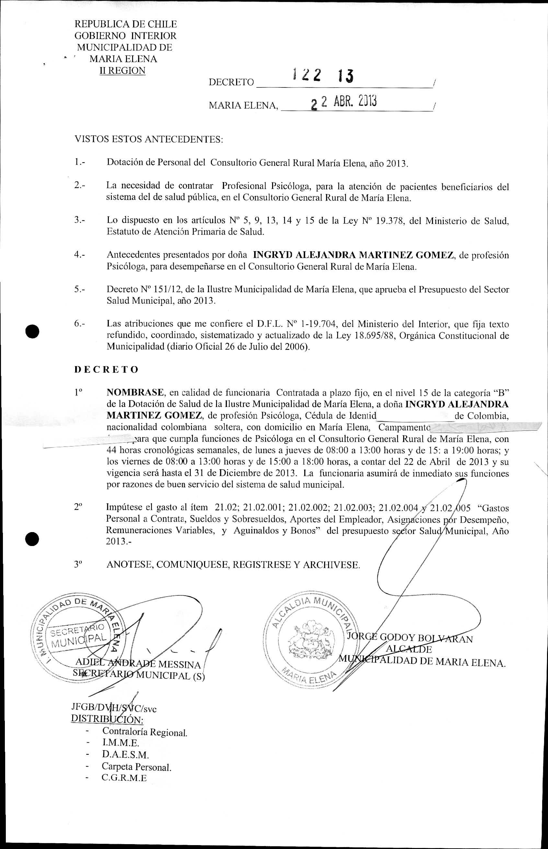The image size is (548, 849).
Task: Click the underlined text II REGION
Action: tap(122, 71)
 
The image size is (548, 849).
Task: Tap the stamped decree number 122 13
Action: tap(322, 76)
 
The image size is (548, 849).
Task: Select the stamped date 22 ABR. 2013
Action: tap(343, 102)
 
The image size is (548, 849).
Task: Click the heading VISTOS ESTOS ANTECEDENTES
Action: tap(148, 139)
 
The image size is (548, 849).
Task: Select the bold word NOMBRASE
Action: tap(135, 393)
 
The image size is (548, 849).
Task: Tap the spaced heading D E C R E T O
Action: tap(106, 369)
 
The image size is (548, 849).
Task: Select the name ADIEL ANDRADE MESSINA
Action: tap(138, 664)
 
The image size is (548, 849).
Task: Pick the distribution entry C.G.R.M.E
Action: tap(124, 777)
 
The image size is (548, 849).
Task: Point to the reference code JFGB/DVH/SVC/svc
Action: tap(114, 708)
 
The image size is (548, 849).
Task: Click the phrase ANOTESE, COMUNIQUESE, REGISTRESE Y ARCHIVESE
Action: tap(233, 565)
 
